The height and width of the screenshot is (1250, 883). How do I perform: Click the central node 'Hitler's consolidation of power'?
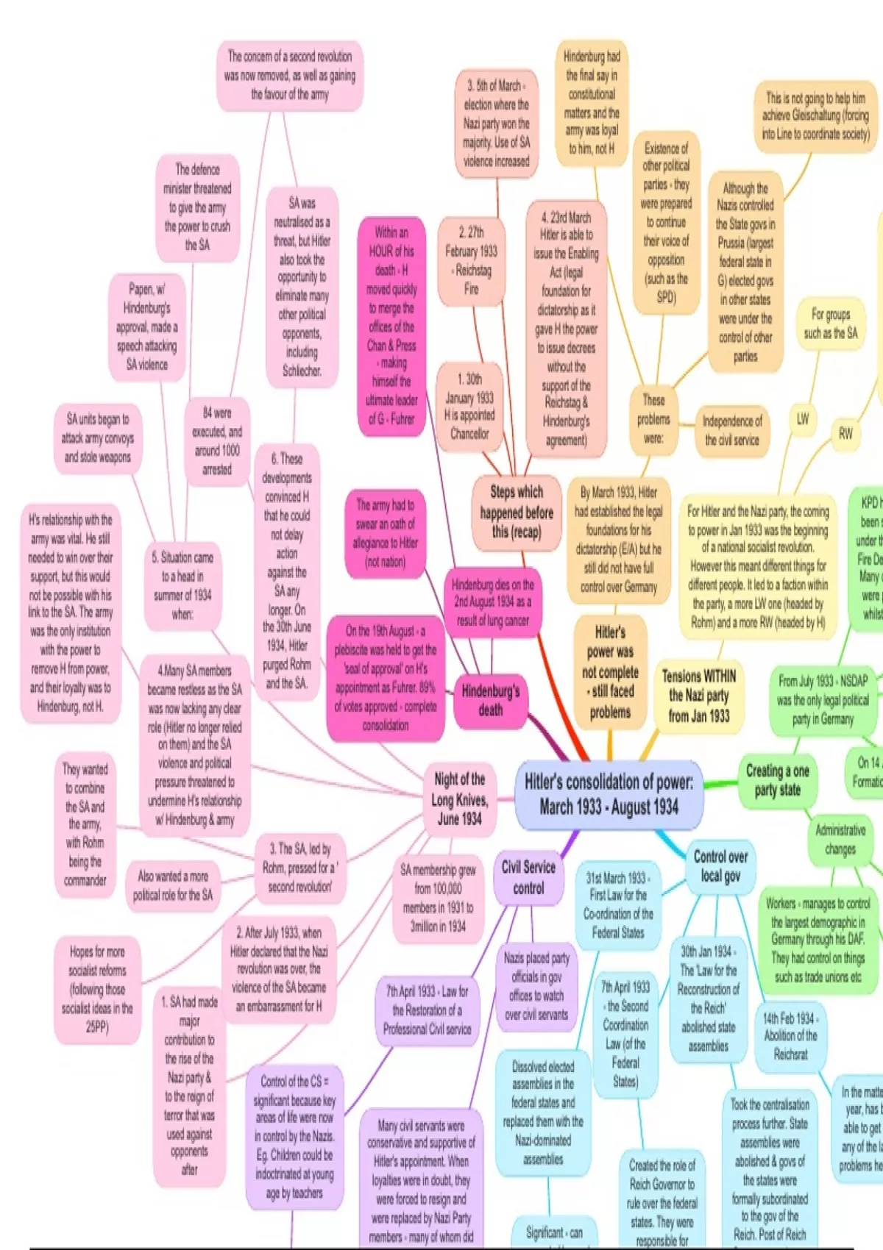(x=609, y=794)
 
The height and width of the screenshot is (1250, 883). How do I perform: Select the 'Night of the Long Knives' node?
(x=460, y=799)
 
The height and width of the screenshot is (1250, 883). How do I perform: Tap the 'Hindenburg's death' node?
(x=491, y=699)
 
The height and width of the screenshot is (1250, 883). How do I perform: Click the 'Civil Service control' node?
(x=528, y=877)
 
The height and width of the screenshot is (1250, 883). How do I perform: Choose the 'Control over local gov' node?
(x=720, y=866)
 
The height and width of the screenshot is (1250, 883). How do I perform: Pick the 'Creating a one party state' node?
(x=777, y=780)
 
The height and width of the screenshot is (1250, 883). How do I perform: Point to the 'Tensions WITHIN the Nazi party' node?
(x=698, y=695)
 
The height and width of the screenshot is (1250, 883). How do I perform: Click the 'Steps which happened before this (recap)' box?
(x=517, y=512)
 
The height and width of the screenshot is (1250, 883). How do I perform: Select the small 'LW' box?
(x=803, y=419)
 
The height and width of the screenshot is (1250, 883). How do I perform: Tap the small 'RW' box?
(x=846, y=434)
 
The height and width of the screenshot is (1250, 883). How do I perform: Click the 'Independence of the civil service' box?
(x=732, y=430)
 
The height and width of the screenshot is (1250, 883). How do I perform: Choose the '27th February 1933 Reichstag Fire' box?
(x=472, y=260)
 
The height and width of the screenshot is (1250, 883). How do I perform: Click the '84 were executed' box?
(x=217, y=440)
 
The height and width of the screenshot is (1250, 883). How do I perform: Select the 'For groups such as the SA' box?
(x=831, y=324)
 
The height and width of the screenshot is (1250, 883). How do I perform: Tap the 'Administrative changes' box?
(x=840, y=840)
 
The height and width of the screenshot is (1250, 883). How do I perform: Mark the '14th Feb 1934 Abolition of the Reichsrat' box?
(x=790, y=1035)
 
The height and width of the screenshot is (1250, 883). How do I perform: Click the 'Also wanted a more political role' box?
(x=173, y=885)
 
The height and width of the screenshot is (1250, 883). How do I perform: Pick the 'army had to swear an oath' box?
(x=386, y=534)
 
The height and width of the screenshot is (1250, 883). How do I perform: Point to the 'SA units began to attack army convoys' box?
(x=98, y=438)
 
